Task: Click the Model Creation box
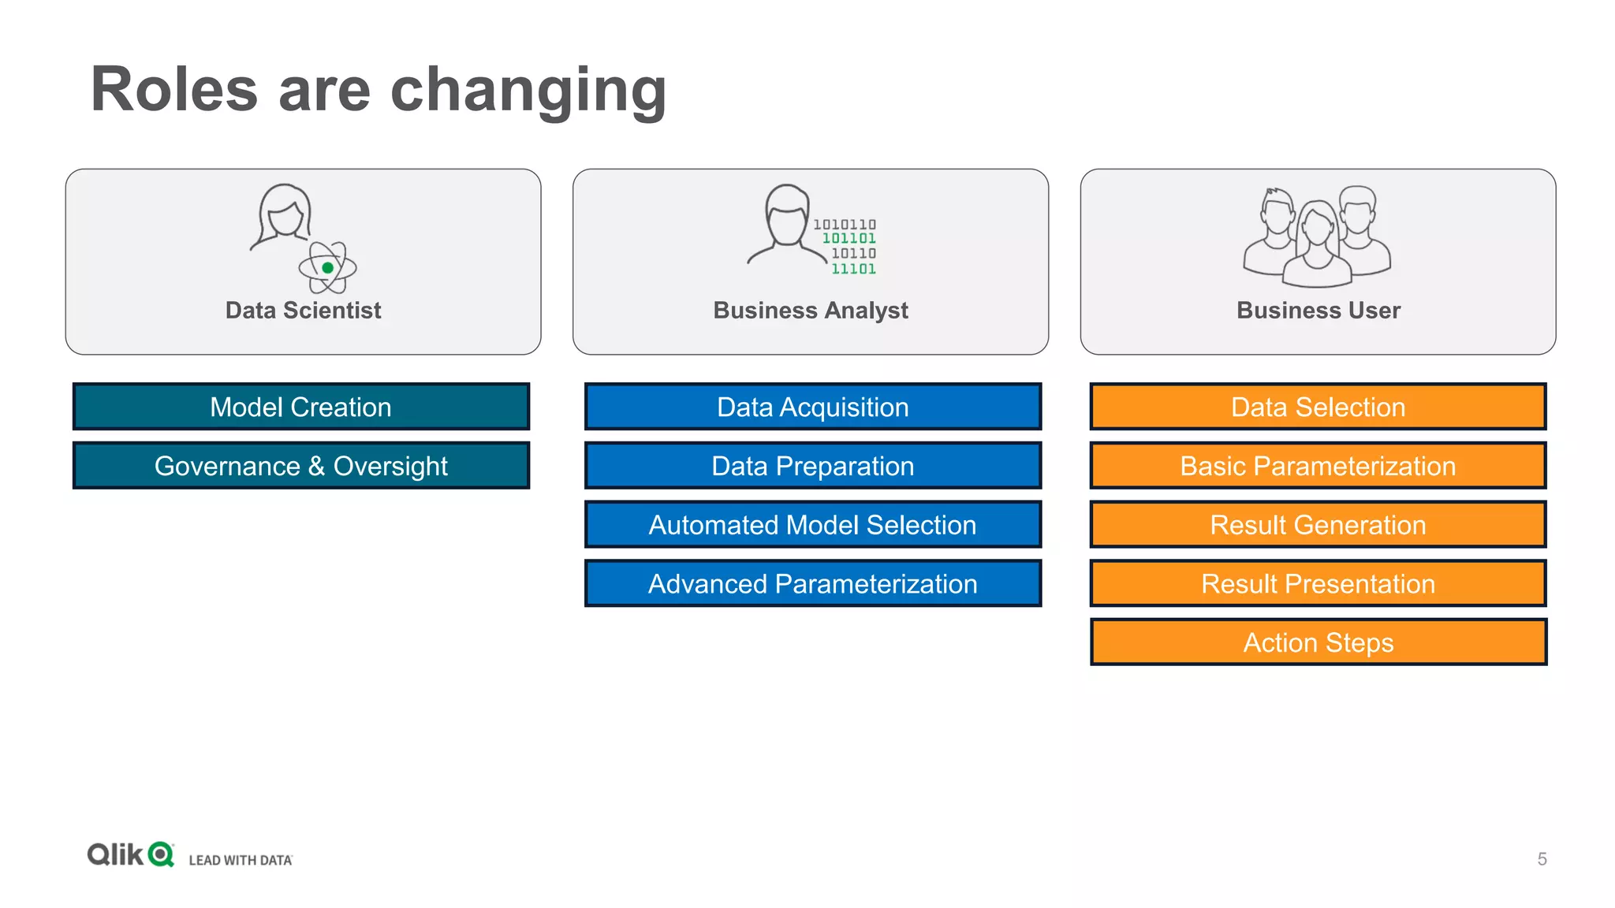click(x=300, y=407)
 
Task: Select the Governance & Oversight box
click(x=300, y=466)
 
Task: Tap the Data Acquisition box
click(x=812, y=407)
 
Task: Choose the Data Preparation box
click(x=812, y=466)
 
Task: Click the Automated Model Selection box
click(x=812, y=525)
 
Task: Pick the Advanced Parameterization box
click(x=812, y=584)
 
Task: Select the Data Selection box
click(x=1318, y=407)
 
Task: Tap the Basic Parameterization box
click(x=1318, y=466)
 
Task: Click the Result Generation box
click(x=1318, y=525)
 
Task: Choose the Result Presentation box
click(x=1318, y=584)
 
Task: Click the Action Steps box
click(x=1318, y=642)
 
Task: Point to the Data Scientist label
click(x=303, y=311)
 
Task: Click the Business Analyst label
click(x=811, y=311)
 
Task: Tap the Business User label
click(x=1318, y=311)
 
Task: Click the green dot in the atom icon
click(x=328, y=268)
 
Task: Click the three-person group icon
click(x=1316, y=236)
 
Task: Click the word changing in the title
click(x=528, y=91)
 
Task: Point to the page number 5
click(x=1542, y=859)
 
